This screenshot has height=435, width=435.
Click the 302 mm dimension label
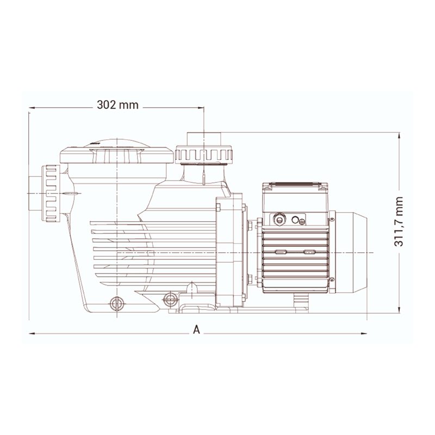[x=117, y=105]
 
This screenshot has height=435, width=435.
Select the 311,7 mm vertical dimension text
[x=399, y=221]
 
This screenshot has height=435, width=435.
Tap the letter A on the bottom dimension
[x=196, y=330]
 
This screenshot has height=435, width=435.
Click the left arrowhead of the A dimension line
[x=32, y=333]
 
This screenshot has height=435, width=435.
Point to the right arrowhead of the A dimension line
[x=364, y=333]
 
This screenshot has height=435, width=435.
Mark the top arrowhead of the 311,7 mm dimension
[x=399, y=135]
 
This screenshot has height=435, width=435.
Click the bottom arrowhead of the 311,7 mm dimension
[x=399, y=309]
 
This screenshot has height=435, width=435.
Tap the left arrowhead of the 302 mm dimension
[x=32, y=108]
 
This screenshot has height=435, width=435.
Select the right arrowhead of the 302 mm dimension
[x=201, y=108]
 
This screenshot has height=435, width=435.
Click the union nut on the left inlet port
[x=51, y=193]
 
